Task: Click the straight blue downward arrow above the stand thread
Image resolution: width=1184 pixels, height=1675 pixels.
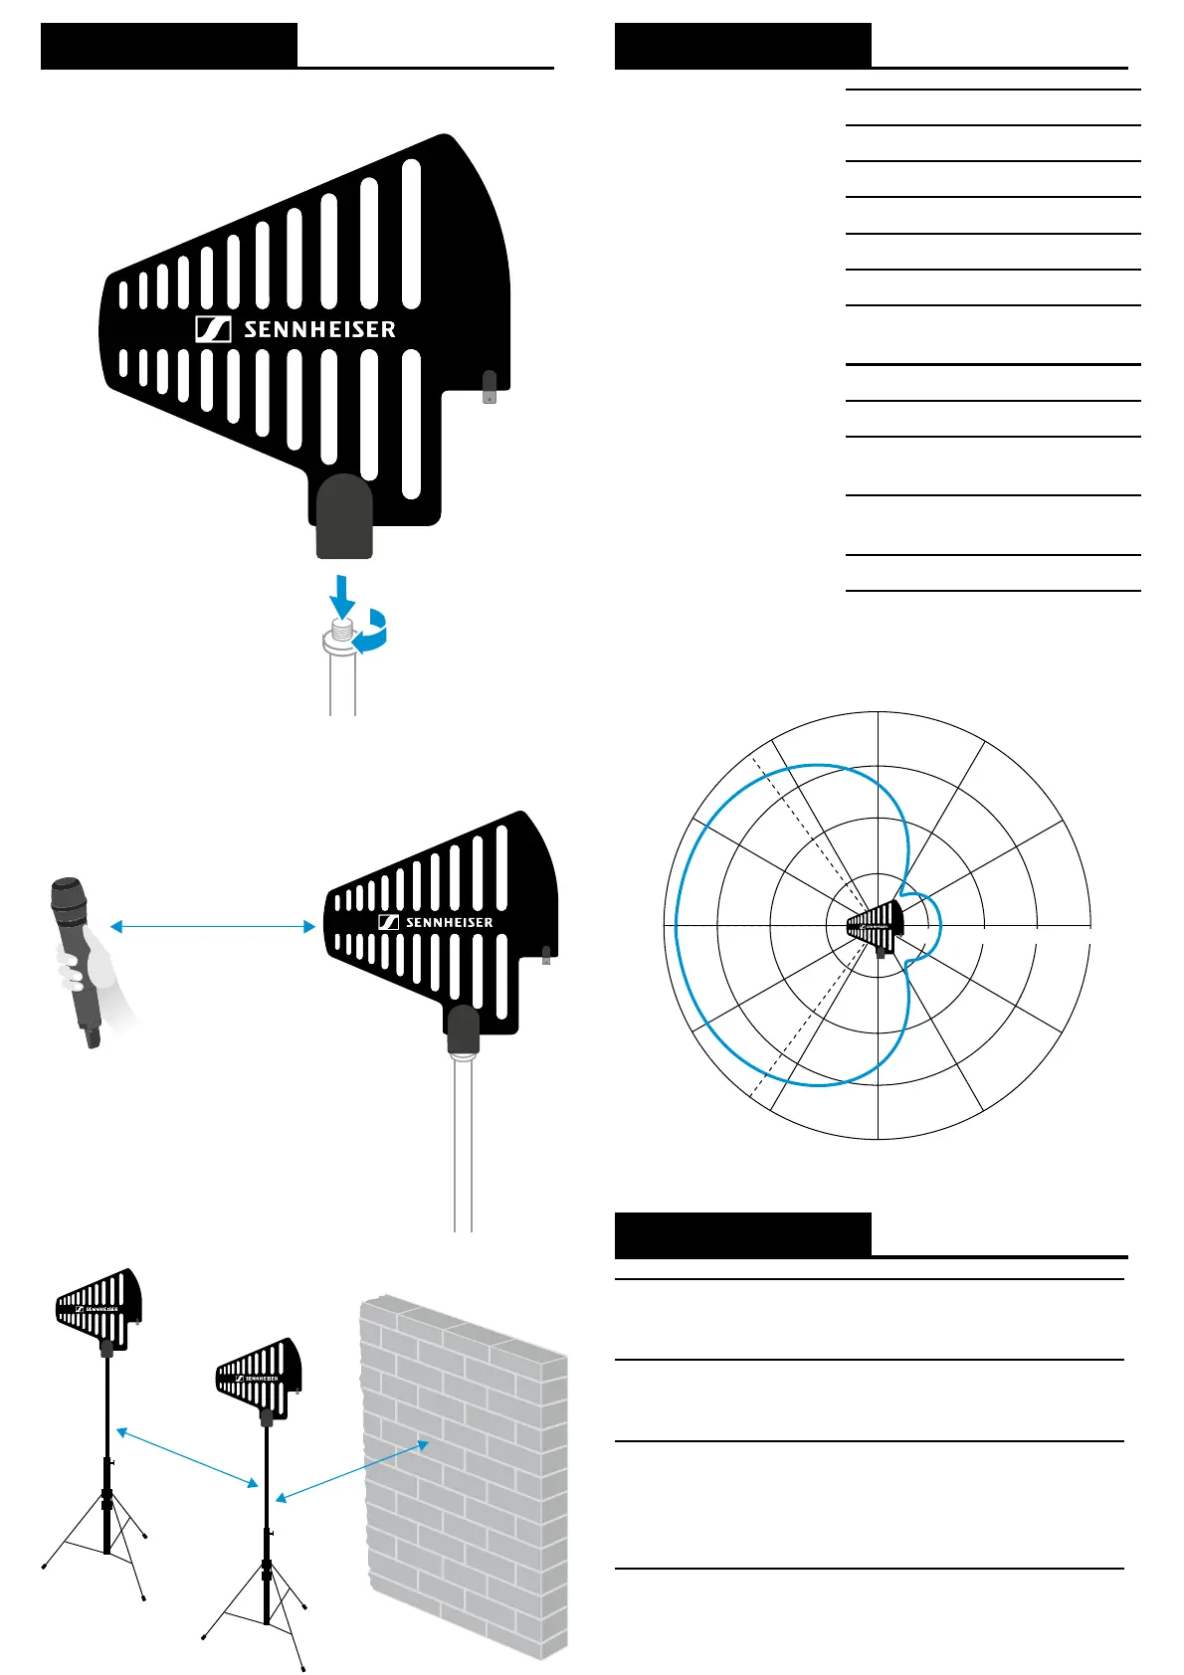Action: (x=342, y=596)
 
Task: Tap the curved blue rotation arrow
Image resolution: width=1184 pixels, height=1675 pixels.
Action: (x=373, y=634)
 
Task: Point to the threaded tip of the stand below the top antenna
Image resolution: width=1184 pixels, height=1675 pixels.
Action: (x=342, y=629)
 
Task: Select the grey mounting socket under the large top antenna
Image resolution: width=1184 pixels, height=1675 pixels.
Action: (x=344, y=517)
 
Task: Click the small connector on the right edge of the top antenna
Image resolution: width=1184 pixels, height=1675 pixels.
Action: (x=489, y=387)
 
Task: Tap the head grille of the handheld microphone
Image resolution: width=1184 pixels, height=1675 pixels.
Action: (x=68, y=896)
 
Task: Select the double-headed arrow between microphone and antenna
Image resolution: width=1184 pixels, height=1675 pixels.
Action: (x=212, y=926)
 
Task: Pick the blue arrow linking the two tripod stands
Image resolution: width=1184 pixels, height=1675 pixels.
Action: (x=187, y=1458)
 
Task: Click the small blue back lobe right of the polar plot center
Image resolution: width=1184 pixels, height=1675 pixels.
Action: (x=933, y=925)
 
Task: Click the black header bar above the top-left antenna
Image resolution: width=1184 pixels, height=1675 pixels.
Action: (x=169, y=46)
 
